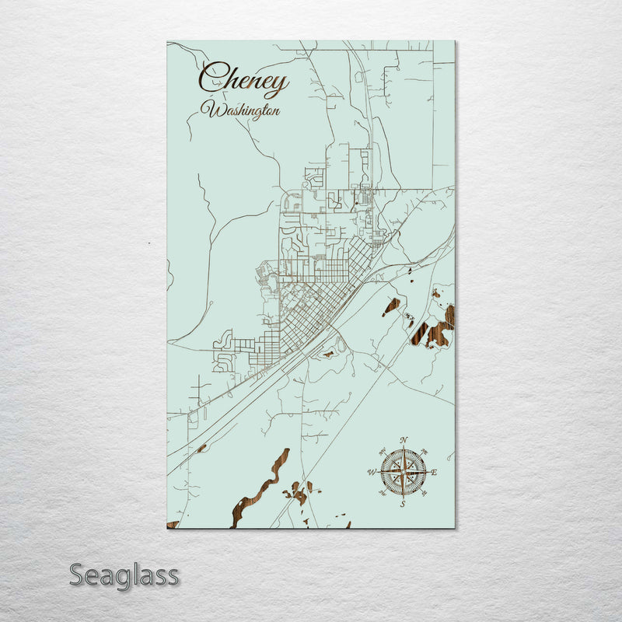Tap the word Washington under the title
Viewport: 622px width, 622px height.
[240, 110]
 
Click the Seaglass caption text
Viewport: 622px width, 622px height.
[124, 575]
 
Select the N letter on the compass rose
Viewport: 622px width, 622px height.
[403, 442]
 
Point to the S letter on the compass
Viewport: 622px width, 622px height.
[403, 504]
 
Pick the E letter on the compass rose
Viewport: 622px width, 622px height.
[434, 473]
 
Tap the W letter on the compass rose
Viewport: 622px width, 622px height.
[371, 473]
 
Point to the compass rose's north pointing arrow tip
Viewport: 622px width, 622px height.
[403, 449]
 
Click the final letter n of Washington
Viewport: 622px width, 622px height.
[276, 111]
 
